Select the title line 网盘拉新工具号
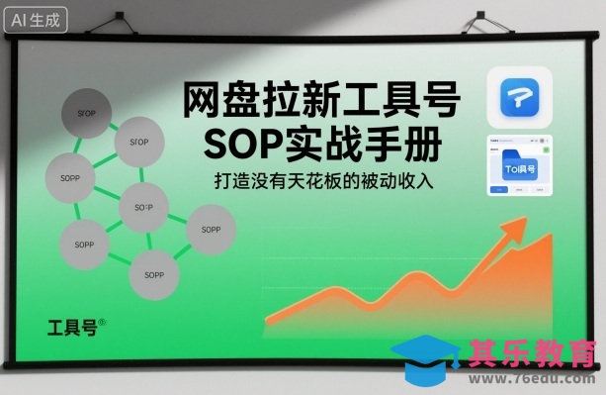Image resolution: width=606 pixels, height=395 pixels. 322,102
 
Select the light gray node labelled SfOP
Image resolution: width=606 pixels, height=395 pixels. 138,143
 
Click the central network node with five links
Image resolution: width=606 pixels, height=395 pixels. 143,208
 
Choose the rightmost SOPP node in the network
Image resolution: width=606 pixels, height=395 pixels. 211,230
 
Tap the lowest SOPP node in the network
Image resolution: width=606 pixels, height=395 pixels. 153,271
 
